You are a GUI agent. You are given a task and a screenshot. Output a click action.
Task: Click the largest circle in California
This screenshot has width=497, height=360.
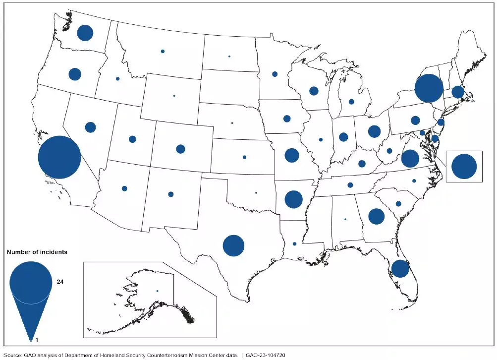(59, 157)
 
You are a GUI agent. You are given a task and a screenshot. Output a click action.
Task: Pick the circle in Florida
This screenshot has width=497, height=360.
(400, 268)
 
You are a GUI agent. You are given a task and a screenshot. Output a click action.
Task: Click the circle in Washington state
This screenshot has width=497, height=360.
(85, 33)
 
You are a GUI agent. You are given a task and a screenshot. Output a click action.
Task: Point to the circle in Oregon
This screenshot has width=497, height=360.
(75, 74)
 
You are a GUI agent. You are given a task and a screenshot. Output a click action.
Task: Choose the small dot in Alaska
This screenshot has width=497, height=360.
(157, 291)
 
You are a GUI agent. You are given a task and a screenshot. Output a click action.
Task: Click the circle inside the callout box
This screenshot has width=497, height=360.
(464, 167)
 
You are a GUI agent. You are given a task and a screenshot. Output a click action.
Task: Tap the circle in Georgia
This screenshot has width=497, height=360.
(377, 216)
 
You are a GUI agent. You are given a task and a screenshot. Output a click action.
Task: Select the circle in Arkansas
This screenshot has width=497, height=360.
(293, 199)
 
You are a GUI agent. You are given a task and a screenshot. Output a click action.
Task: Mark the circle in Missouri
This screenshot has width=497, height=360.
(292, 155)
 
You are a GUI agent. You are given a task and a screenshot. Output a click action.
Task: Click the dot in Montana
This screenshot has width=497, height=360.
(163, 51)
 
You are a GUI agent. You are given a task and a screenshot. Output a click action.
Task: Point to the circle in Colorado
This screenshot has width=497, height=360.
(180, 149)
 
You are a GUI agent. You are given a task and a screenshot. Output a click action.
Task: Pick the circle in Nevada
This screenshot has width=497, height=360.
(90, 127)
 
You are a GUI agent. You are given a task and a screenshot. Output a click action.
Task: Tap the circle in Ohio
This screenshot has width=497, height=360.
(374, 131)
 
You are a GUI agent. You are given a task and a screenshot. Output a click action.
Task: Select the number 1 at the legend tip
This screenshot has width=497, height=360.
(31, 340)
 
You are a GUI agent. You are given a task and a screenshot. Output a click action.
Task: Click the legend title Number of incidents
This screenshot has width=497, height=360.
(37, 252)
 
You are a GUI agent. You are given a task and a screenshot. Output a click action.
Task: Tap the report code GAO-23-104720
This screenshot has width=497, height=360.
(264, 355)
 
